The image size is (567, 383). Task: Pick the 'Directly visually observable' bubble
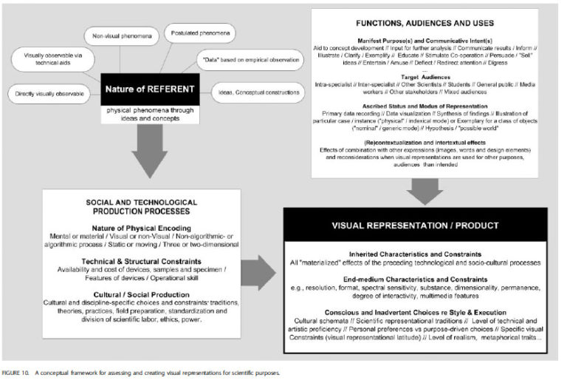click(x=49, y=93)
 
